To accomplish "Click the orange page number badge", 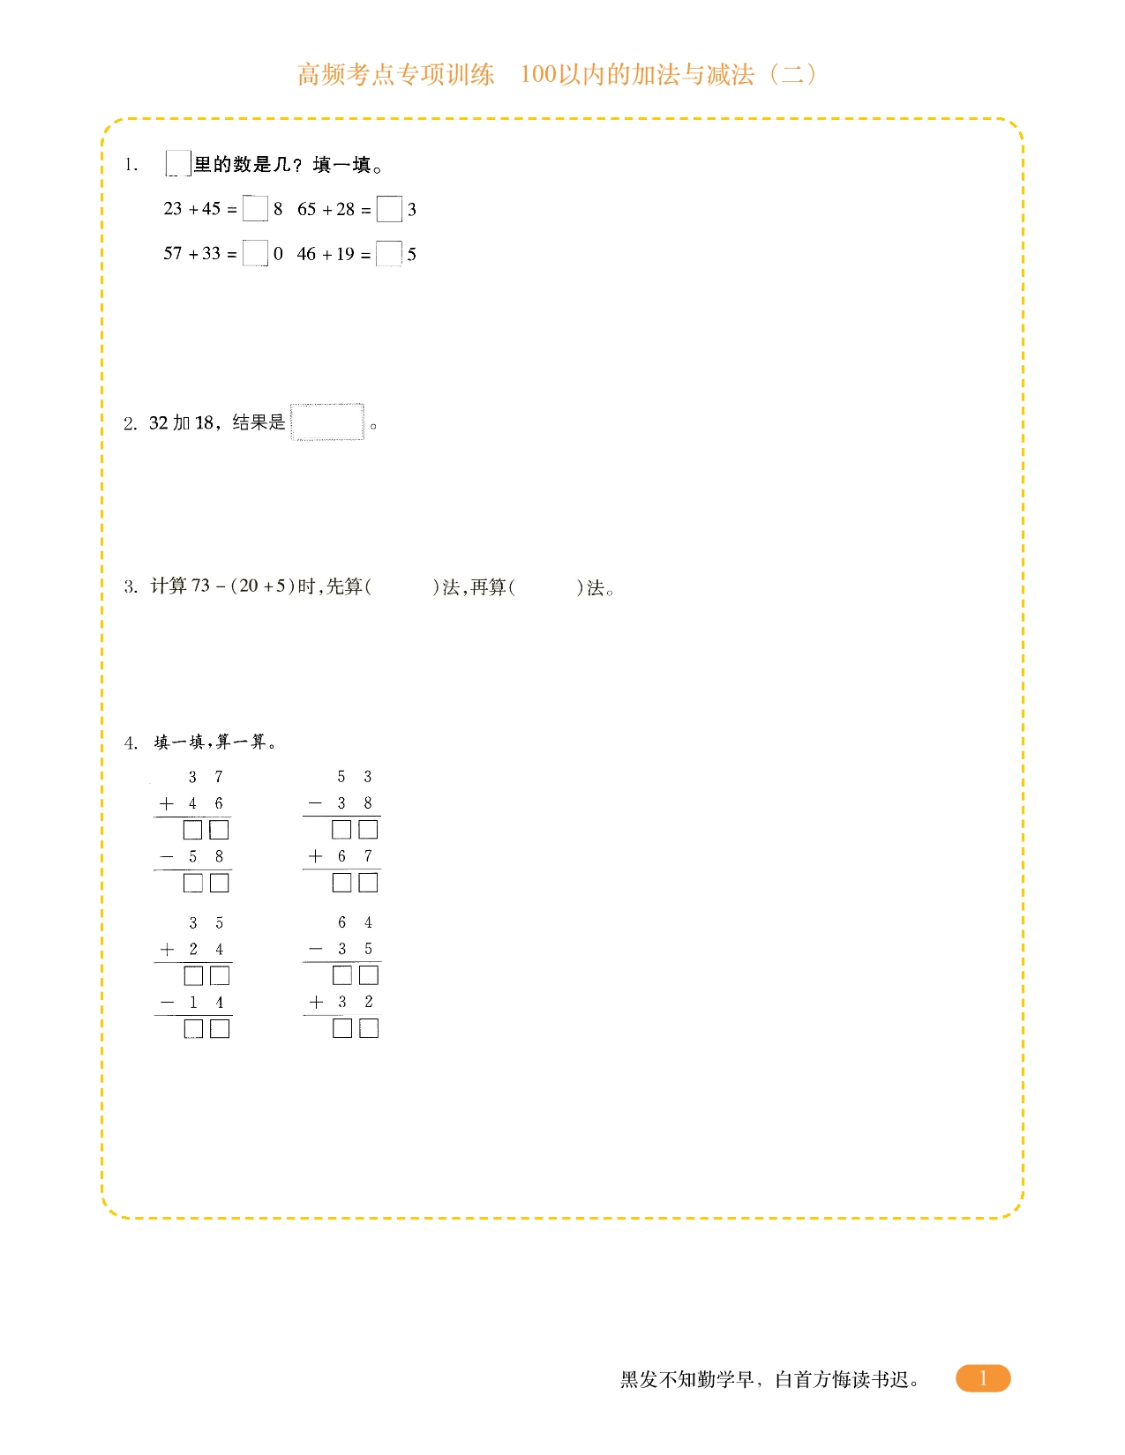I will click(982, 1378).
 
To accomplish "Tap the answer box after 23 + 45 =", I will click(255, 209).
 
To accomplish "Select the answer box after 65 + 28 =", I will click(389, 209).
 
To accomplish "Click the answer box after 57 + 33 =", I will click(255, 253).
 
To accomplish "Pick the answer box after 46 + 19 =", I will click(388, 254).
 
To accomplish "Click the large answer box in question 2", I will click(327, 422).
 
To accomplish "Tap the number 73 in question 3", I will click(201, 586).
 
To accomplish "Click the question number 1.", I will click(131, 165).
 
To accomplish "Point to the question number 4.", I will click(131, 743).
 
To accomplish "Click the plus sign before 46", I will click(166, 803).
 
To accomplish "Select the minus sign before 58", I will click(166, 856).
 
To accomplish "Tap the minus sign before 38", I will click(315, 803).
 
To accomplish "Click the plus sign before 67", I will click(315, 856).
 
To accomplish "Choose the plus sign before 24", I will click(167, 950).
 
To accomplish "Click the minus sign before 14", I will click(167, 1003).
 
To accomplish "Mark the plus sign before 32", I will click(316, 1003).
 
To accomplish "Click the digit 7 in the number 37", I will click(219, 777).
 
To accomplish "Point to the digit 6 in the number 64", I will click(342, 922).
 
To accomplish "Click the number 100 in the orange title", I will click(538, 74).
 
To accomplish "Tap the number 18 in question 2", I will click(205, 423).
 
